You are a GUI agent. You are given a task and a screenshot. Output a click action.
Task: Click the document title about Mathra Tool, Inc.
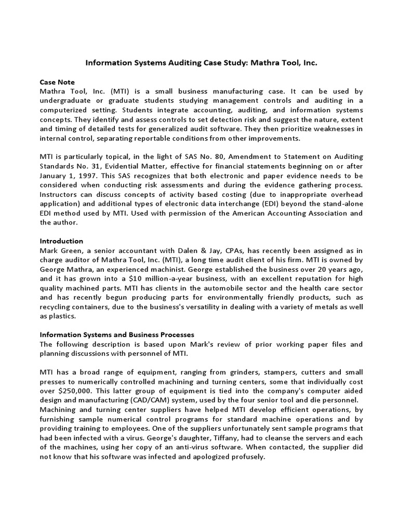point(201,63)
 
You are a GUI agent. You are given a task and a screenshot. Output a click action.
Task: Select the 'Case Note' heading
point(57,82)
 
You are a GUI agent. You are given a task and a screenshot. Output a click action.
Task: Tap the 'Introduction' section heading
point(61,241)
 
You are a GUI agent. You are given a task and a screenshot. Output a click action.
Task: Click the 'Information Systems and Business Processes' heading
point(117,335)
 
